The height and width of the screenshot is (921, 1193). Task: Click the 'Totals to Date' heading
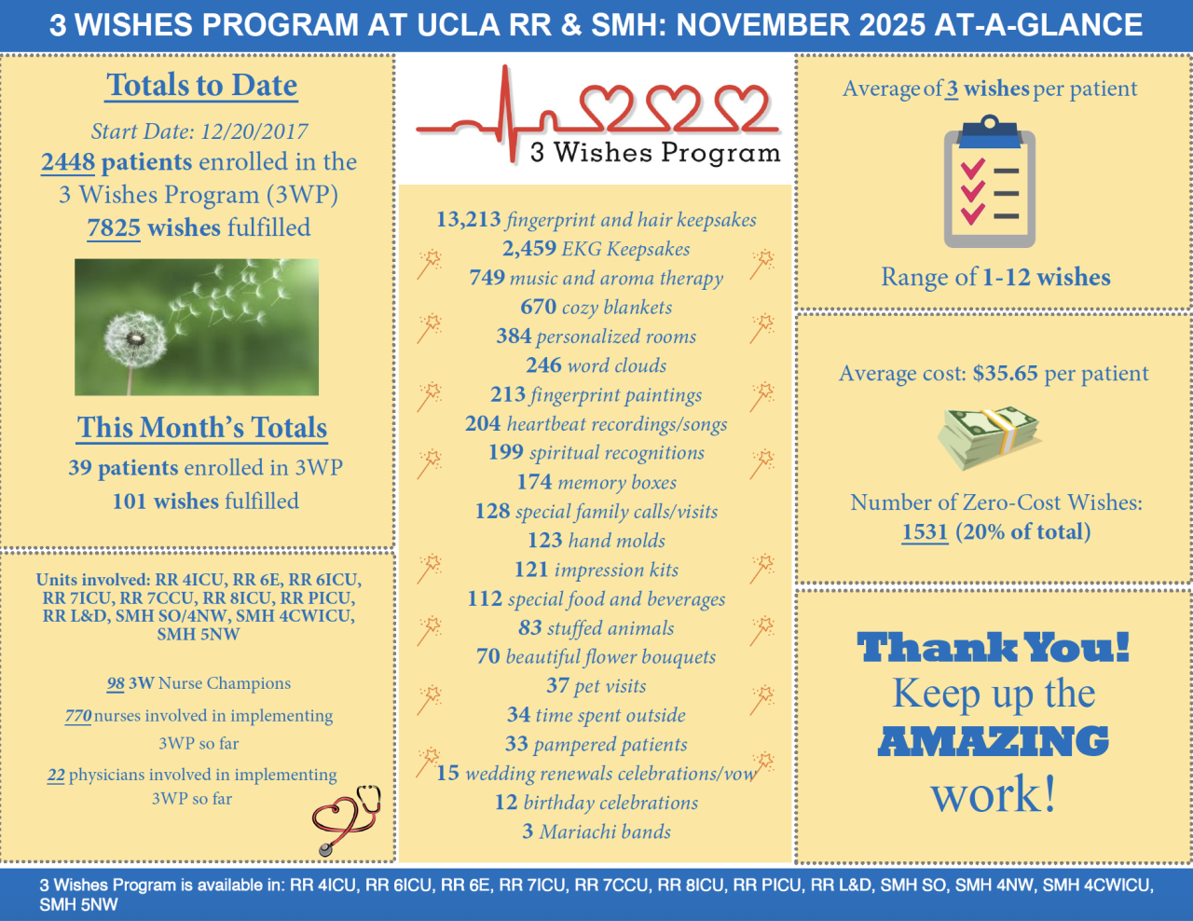tap(202, 86)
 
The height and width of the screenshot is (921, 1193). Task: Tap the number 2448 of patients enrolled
tap(68, 162)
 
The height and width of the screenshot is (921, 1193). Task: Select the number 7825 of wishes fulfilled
tap(114, 228)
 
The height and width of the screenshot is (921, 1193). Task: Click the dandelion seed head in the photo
tap(135, 339)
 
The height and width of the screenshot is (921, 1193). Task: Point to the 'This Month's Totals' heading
tap(202, 428)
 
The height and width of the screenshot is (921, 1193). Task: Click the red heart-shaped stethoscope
tap(345, 818)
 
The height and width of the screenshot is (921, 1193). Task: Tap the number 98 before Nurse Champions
tap(116, 683)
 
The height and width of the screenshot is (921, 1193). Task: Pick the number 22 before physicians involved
tap(56, 775)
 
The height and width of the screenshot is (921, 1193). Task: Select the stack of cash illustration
tap(989, 435)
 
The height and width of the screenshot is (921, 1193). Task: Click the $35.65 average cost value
tap(1005, 374)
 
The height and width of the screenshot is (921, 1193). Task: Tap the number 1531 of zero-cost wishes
tap(925, 532)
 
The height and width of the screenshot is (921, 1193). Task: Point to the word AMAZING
tap(994, 742)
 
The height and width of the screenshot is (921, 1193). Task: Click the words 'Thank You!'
tap(994, 648)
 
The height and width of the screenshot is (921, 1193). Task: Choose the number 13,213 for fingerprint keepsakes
tap(469, 220)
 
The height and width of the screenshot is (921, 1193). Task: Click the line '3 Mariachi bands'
tap(596, 832)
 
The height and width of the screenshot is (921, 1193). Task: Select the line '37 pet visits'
tap(596, 686)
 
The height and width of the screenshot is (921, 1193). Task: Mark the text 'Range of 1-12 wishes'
tap(995, 278)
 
